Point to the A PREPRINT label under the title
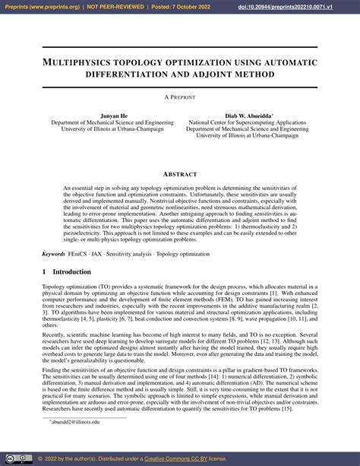(180, 97)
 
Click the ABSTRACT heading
(180, 174)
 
